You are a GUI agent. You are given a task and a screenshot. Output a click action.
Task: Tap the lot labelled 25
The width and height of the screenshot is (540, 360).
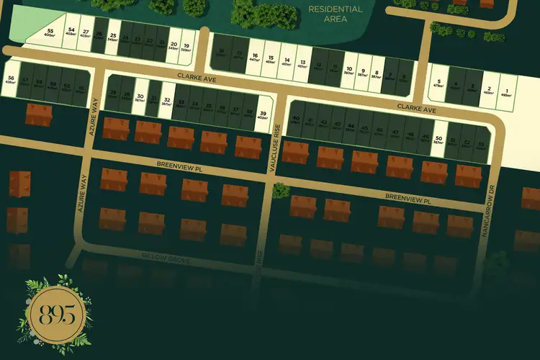click(x=112, y=38)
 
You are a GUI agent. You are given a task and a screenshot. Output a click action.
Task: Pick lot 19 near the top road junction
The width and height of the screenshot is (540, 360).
click(x=186, y=47)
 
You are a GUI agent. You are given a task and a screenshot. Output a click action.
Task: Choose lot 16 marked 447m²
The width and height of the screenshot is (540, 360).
click(x=255, y=59)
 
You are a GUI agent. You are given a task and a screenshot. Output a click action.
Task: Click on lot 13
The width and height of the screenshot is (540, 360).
click(x=302, y=64)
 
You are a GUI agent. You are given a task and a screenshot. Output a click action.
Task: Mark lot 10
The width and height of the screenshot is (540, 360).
click(x=348, y=71)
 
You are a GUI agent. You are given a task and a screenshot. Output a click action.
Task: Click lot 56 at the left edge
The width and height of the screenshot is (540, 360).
click(x=11, y=81)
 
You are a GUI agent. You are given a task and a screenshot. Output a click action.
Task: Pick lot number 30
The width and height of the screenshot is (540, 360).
click(x=140, y=99)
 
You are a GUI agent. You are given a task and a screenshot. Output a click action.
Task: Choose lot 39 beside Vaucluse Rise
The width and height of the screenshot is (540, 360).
click(x=263, y=117)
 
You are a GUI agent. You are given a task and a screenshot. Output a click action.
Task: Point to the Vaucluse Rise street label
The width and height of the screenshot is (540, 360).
click(x=274, y=148)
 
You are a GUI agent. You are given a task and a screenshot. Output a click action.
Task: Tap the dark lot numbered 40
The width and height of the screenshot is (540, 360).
click(x=295, y=122)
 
